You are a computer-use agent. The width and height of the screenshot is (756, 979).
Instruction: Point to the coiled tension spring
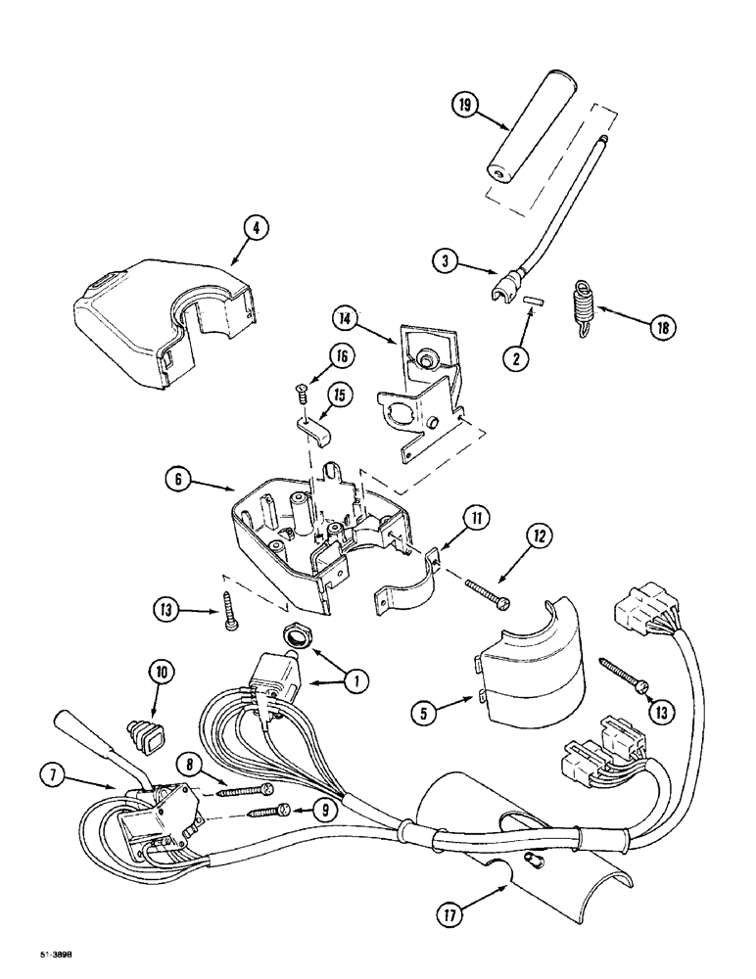coord(583,304)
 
